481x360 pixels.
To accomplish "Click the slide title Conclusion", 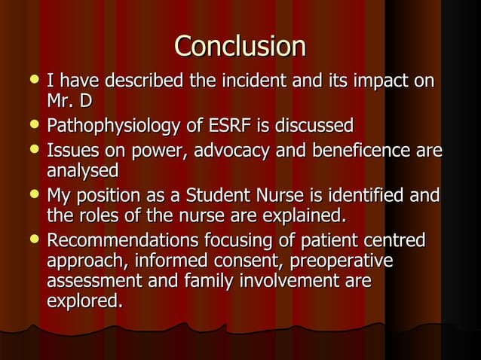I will pyautogui.click(x=240, y=46).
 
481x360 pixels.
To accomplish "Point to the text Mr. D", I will pyautogui.click(x=69, y=99).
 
